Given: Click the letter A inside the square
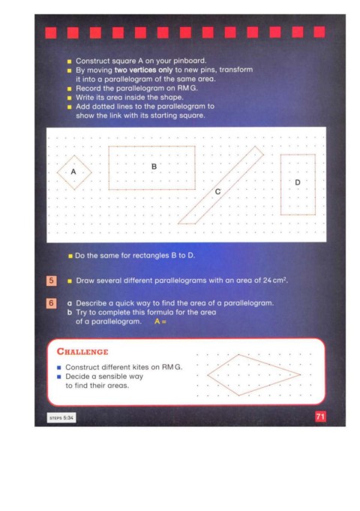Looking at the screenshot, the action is click(73, 172).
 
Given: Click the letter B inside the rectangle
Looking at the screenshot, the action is click(154, 167).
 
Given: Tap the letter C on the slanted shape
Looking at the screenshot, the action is click(217, 191).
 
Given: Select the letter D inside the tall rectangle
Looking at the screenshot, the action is click(298, 182).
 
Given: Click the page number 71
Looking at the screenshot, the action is click(320, 416).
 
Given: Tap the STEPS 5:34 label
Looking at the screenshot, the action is click(61, 418).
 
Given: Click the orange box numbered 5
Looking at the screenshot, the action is click(51, 281).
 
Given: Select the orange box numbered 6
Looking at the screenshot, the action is click(51, 303).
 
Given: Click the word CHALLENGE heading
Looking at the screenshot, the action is click(82, 352).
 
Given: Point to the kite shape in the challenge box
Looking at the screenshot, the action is click(207, 375).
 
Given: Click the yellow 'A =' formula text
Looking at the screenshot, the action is click(160, 322).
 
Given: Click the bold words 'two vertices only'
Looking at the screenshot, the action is click(143, 70).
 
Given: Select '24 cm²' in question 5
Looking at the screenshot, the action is click(275, 281).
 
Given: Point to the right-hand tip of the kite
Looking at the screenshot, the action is click(300, 374).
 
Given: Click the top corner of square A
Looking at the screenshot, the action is click(74, 155).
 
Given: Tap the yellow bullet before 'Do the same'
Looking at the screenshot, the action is click(70, 256).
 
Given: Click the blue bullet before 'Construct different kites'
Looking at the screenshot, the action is click(59, 368).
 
